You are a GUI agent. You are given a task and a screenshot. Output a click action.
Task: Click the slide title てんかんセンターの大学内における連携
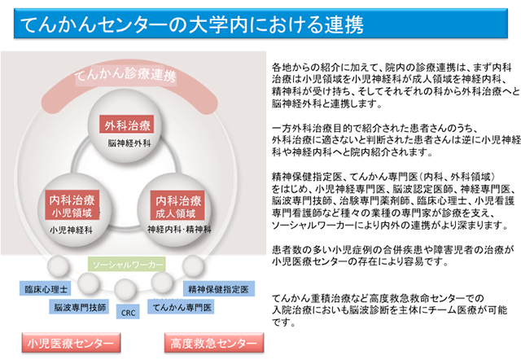[x=192, y=24]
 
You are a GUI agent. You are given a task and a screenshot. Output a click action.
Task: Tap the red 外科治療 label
[x=127, y=125]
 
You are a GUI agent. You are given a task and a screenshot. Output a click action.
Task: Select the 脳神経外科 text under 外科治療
[x=129, y=143]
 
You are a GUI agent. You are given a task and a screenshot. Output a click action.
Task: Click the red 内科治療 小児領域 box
[x=72, y=205]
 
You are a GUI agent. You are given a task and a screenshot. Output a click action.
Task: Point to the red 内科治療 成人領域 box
[x=177, y=205]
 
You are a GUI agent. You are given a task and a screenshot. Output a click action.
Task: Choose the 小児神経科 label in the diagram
[x=71, y=230]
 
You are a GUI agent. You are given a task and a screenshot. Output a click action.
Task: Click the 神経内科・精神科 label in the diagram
[x=179, y=229]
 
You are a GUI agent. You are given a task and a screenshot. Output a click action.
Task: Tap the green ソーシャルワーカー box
[x=127, y=264]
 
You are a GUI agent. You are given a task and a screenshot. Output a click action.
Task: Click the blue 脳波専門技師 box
[x=79, y=307]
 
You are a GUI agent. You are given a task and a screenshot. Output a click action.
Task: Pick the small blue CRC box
[x=128, y=313]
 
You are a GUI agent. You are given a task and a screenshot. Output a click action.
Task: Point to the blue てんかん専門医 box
[x=181, y=307]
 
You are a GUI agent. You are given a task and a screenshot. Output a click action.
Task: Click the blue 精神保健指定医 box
[x=219, y=289]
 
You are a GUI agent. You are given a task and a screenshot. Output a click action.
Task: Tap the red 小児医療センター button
[x=71, y=343]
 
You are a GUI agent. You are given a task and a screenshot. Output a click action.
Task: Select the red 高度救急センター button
[x=214, y=343]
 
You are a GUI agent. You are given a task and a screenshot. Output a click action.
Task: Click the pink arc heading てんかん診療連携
[x=125, y=74]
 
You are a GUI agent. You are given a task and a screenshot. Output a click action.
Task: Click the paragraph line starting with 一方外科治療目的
[x=374, y=129]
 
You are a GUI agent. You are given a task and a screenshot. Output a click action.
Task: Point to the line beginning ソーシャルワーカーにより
[x=390, y=226]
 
